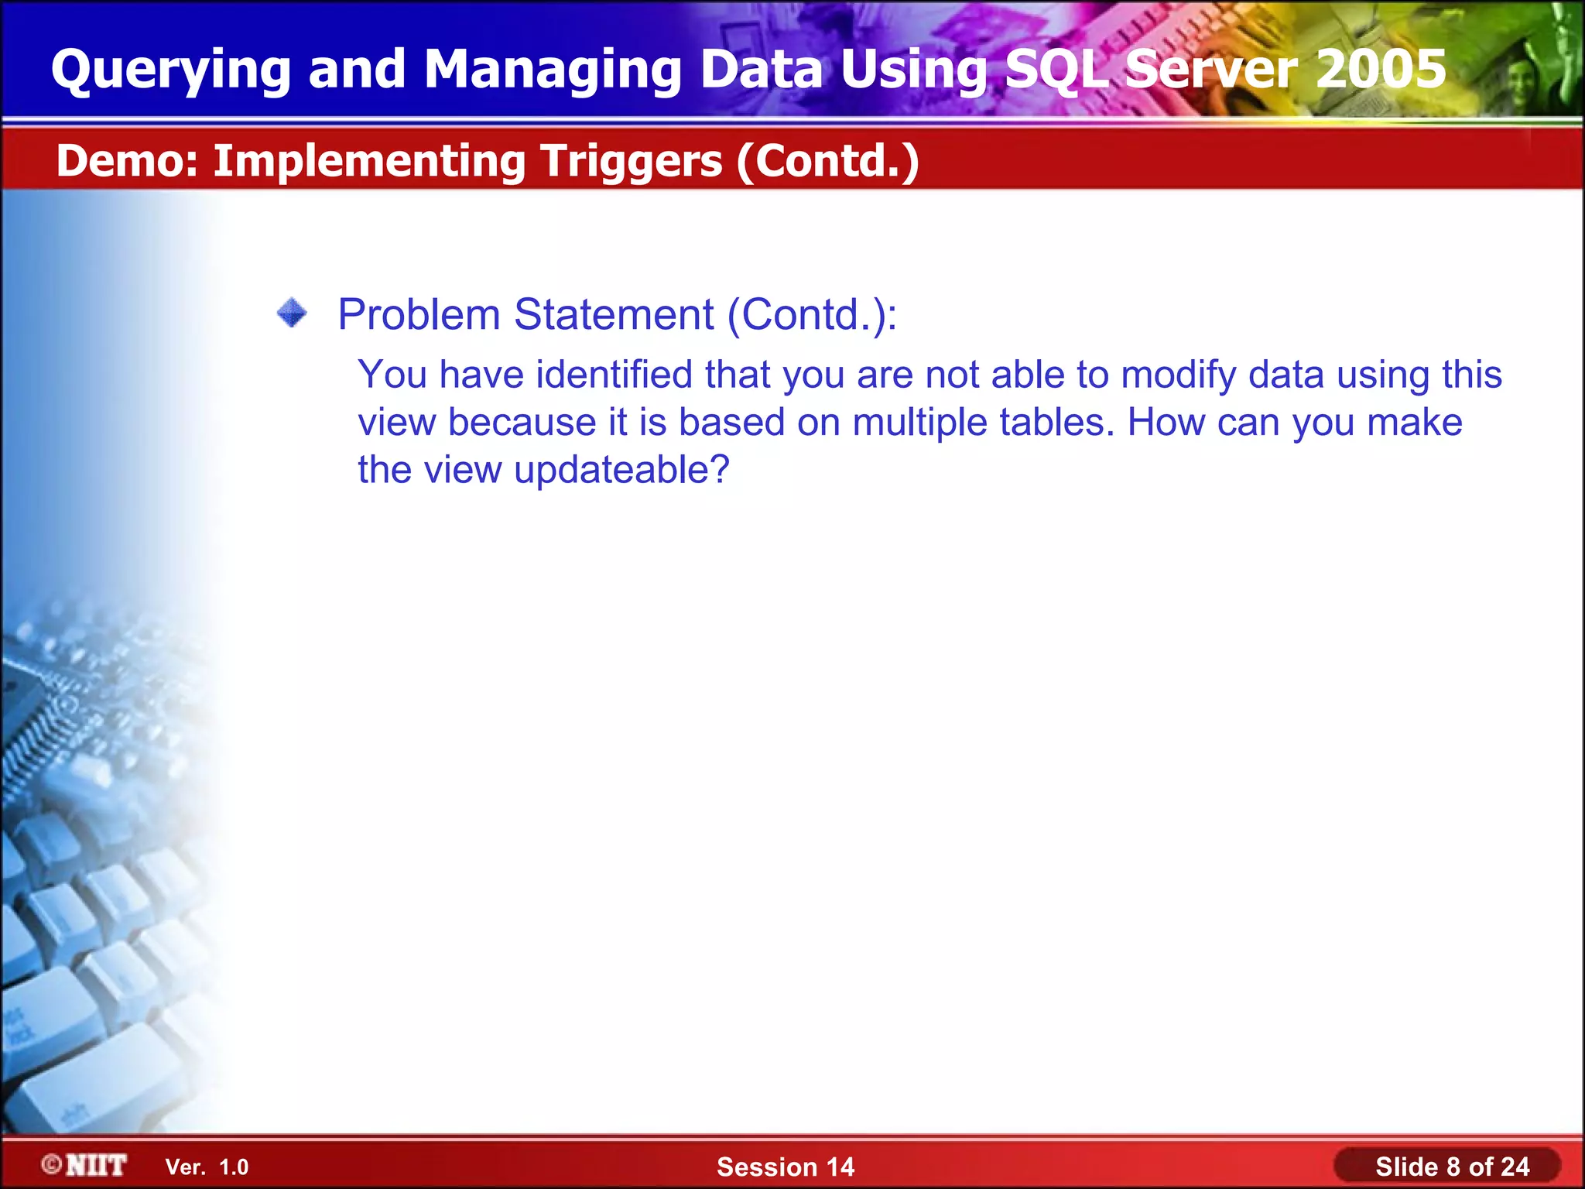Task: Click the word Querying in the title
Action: [x=170, y=70]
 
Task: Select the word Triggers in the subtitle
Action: [x=631, y=161]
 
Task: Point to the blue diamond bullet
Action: [x=292, y=314]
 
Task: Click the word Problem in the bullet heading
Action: [x=419, y=315]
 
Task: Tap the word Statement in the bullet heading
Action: [x=614, y=315]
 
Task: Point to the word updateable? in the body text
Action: [x=621, y=470]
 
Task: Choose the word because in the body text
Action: [x=522, y=423]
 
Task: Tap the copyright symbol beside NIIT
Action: [x=52, y=1164]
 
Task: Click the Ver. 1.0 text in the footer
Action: [x=207, y=1167]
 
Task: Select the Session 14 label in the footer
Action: [x=785, y=1167]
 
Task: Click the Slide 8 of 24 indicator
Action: [x=1452, y=1167]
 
